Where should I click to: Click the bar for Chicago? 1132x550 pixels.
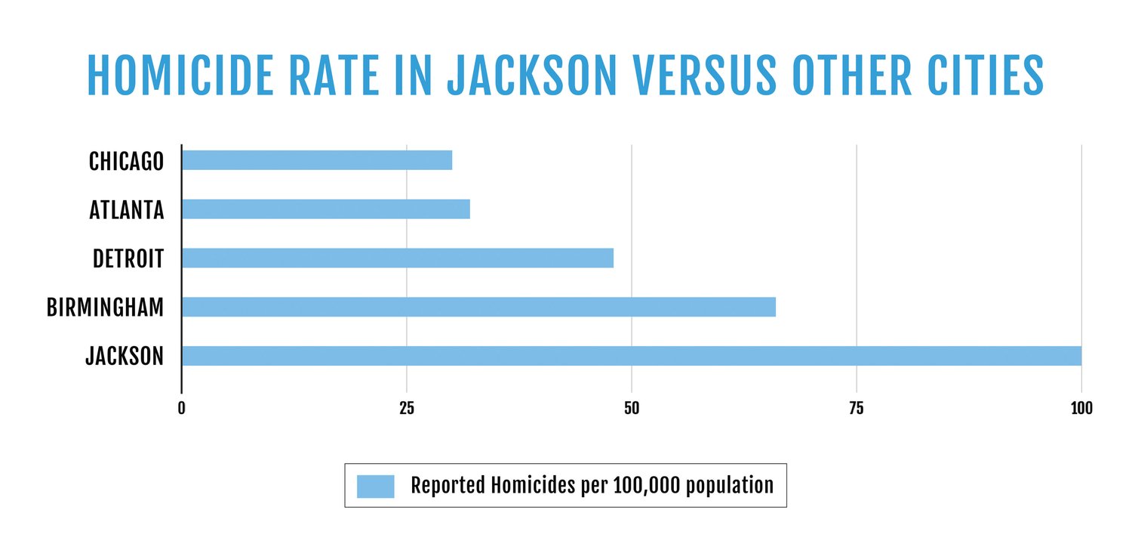pos(317,160)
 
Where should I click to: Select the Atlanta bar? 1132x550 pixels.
pos(326,209)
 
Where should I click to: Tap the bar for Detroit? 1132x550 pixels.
pos(398,258)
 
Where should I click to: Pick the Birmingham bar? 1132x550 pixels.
pos(478,307)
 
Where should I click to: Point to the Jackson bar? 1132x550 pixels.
pos(632,356)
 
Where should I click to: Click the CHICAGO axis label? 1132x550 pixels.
pos(126,161)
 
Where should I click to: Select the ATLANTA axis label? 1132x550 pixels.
pos(126,210)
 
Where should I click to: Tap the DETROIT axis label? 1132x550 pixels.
pos(128,258)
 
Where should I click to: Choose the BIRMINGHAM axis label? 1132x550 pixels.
pos(105,307)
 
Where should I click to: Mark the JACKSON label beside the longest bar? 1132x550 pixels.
pos(125,357)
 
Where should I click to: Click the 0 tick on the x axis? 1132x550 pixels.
pos(182,409)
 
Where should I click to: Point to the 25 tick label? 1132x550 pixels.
pos(407,409)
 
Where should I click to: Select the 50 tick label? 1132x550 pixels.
pos(632,409)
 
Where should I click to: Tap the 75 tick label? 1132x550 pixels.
pos(857,409)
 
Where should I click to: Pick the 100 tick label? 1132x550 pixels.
pos(1081,409)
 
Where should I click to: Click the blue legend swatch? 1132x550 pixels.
pos(376,486)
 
